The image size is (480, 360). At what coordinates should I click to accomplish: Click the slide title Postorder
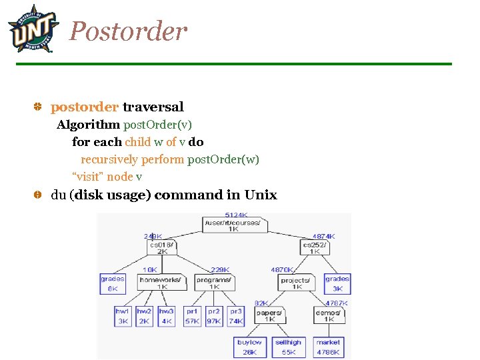point(128,31)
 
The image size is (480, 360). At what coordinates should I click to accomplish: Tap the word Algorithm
point(88,125)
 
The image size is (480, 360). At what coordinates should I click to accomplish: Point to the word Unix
point(261,195)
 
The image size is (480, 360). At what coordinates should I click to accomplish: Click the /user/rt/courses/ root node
point(234,225)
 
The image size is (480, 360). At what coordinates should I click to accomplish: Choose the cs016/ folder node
point(162,247)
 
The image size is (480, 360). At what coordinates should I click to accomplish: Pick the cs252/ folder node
point(315,247)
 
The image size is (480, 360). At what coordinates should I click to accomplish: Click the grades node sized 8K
point(113,283)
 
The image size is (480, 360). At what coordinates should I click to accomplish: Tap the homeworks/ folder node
point(160,283)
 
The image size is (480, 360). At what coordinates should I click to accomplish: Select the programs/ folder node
point(214,283)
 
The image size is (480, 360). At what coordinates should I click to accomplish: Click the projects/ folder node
point(295,283)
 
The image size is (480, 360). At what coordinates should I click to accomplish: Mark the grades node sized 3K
point(337,283)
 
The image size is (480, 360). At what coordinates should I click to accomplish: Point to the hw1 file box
point(123,315)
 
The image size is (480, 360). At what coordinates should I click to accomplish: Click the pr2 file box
point(214,315)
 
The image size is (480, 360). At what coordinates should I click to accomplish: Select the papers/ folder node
point(269,315)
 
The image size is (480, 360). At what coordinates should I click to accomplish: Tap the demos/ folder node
point(329,315)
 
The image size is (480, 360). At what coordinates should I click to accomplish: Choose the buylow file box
point(249,347)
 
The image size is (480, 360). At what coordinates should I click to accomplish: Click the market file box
point(328,347)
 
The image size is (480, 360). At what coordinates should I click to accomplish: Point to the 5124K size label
point(237,215)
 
